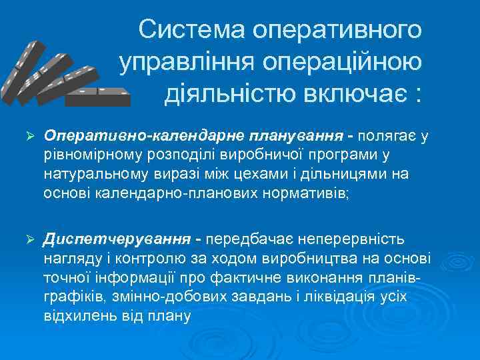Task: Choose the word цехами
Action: pos(255,175)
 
